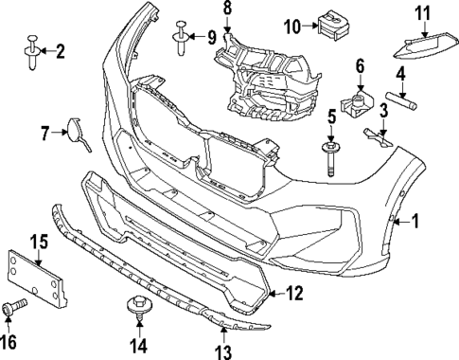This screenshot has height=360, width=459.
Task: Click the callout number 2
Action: (61, 51)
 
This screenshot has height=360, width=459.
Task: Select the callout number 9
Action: (211, 38)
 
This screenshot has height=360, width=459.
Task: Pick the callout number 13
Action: (223, 352)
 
